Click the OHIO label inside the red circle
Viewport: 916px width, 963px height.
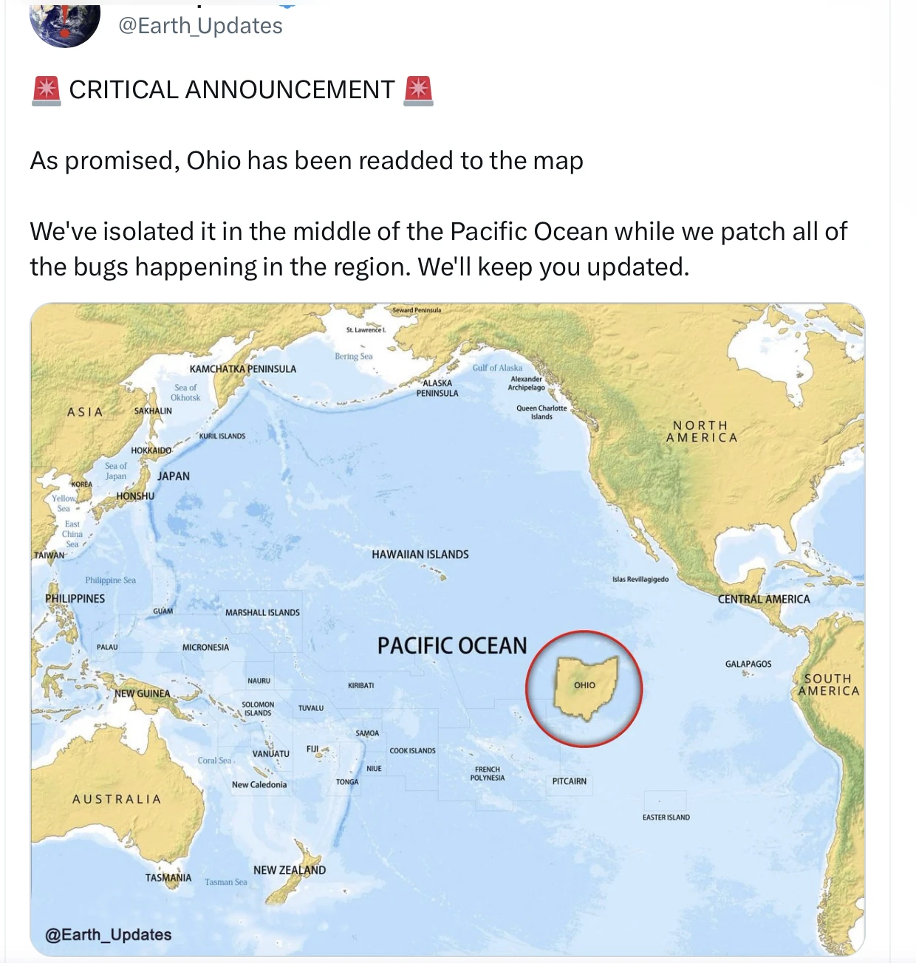point(584,685)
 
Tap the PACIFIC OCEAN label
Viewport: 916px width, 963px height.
point(452,646)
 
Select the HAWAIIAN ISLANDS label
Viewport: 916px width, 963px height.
point(420,555)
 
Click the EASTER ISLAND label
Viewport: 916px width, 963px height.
point(666,818)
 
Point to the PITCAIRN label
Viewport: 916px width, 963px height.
point(569,781)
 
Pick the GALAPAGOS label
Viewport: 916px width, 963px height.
point(748,664)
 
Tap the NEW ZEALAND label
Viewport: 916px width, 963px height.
point(289,870)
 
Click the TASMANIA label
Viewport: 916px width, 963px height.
point(168,878)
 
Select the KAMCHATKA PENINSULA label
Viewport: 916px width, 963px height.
point(242,369)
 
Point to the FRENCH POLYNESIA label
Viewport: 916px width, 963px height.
point(488,773)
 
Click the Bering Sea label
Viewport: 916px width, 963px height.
point(353,357)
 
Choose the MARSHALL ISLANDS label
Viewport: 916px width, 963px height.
point(262,613)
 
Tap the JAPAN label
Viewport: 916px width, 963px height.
point(173,476)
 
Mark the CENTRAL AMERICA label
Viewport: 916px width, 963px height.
point(764,599)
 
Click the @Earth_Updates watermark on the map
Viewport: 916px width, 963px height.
point(108,934)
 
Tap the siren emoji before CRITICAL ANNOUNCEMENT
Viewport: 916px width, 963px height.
point(47,91)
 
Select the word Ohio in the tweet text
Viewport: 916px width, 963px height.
point(213,160)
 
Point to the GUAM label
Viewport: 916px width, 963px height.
point(163,611)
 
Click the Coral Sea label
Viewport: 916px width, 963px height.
point(214,761)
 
